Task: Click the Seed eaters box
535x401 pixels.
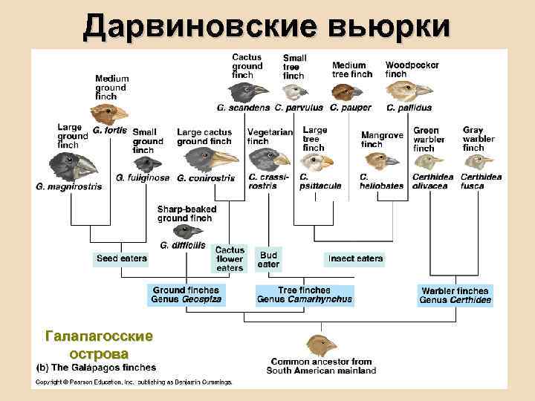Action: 121,258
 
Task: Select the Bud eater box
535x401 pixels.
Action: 268,258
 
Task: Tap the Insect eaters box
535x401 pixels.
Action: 355,258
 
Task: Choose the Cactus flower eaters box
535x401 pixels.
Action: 230,258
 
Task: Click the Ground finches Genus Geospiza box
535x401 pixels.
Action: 187,295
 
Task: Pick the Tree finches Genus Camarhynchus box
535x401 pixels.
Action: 304,295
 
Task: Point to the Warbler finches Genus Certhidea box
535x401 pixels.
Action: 455,296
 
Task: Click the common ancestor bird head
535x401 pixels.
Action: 320,345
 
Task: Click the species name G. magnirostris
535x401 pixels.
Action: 68,186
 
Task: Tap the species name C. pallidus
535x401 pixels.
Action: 409,108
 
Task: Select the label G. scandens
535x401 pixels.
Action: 244,108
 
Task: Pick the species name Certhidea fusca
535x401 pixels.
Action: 481,181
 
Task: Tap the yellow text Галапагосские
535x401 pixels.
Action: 100,336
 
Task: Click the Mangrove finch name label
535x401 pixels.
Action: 382,140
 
